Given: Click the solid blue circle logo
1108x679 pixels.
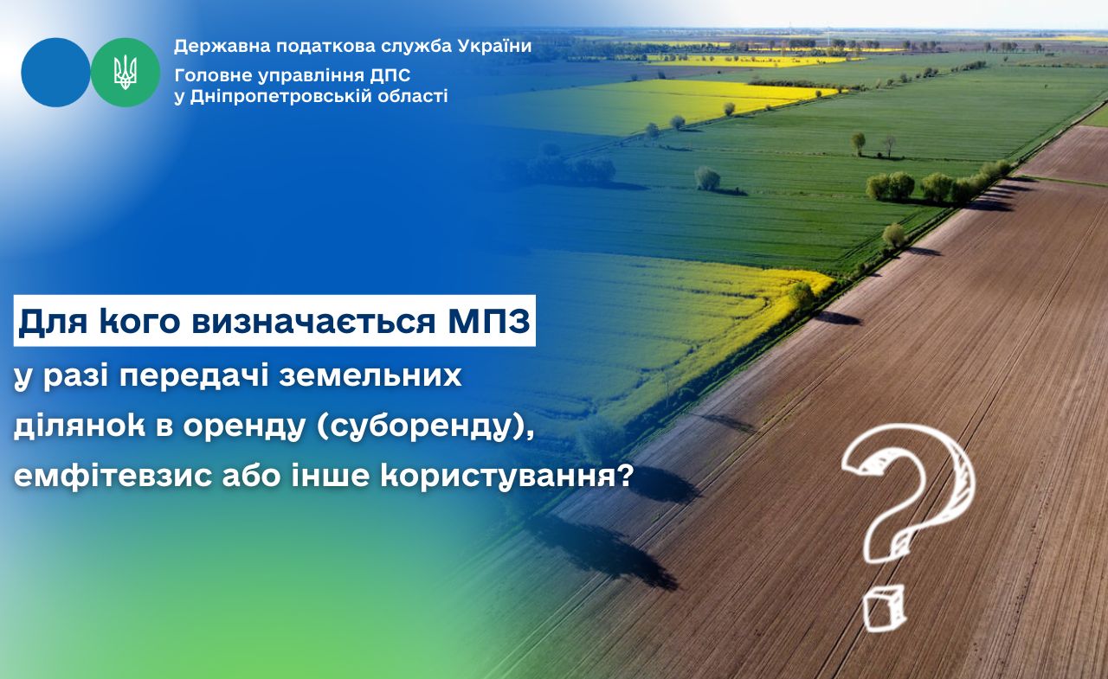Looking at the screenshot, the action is (56, 73).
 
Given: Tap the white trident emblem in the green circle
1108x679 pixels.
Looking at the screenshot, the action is (126, 73).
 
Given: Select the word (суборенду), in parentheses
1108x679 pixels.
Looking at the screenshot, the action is (426, 427).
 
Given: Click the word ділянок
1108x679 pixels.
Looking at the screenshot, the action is (80, 427).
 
